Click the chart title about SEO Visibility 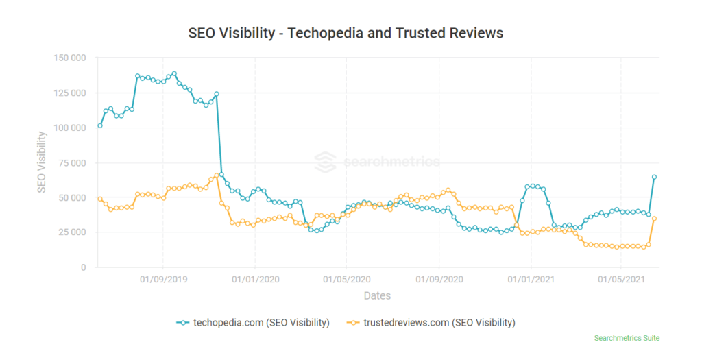click(346, 33)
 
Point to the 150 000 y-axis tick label click(69, 58)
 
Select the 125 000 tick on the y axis click(69, 93)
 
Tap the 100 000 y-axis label click(69, 128)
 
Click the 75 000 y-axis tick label click(71, 162)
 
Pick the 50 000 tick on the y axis click(71, 197)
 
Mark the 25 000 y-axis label click(71, 232)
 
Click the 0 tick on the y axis click(83, 267)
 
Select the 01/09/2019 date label click(163, 280)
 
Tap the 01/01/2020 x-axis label click(255, 280)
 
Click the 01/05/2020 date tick click(346, 280)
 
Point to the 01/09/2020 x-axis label click(439, 280)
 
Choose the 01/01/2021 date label click(530, 280)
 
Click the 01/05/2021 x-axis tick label click(621, 280)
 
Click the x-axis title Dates click(377, 296)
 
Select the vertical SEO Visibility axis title click(42, 162)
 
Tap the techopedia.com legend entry click(253, 322)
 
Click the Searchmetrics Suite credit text click(627, 338)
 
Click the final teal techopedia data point click(654, 177)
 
